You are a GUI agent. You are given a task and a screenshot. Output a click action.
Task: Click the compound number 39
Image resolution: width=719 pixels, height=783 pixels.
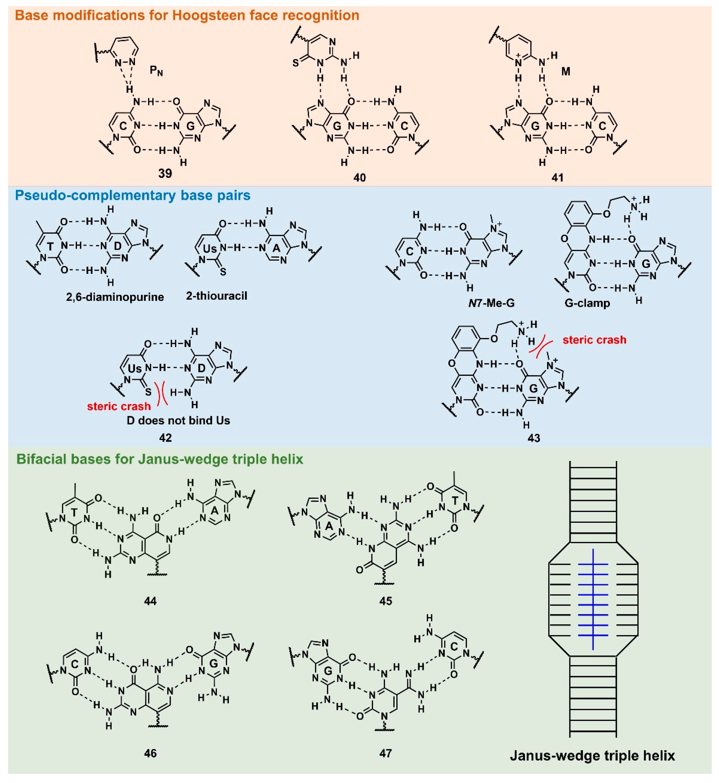(165, 173)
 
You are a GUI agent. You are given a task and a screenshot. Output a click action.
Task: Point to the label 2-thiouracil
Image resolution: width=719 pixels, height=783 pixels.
(216, 296)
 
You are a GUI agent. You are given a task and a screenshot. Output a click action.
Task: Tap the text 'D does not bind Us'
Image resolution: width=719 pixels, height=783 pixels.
(178, 421)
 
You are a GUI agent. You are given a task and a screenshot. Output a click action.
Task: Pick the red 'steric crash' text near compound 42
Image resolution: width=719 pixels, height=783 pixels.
(119, 407)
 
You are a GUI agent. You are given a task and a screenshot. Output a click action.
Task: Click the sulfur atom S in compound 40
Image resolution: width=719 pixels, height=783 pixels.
(295, 63)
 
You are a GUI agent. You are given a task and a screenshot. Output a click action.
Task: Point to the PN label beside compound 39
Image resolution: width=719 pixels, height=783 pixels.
(156, 71)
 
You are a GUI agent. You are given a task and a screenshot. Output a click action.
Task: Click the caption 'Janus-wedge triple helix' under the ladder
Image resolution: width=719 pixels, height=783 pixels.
(592, 756)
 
